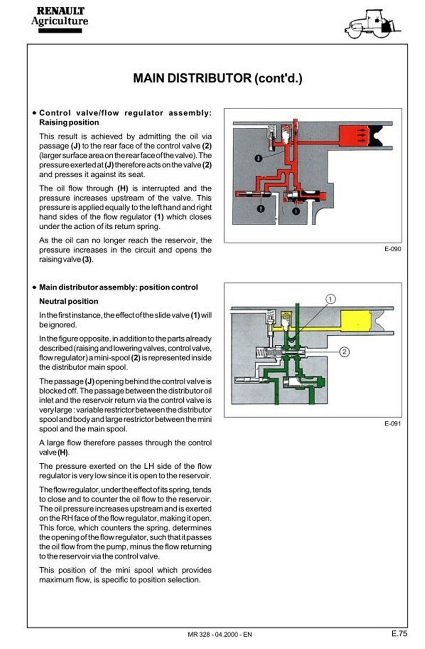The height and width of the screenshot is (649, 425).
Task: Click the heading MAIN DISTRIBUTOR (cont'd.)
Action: tap(217, 78)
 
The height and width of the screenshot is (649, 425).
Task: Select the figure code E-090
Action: tap(392, 248)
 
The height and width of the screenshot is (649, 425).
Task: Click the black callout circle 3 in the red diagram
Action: tap(258, 158)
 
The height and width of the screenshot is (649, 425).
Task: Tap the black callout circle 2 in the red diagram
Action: tap(260, 209)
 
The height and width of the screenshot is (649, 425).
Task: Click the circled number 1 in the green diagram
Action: tap(329, 299)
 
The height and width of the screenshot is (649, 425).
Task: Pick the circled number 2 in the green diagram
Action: tap(344, 351)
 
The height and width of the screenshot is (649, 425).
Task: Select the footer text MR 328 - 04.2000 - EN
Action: tap(220, 635)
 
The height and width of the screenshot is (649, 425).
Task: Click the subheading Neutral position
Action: tap(61, 301)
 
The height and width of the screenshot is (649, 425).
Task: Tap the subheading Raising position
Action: tap(69, 122)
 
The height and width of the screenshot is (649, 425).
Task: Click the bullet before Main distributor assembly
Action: tap(34, 288)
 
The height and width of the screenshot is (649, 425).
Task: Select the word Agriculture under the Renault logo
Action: tap(59, 21)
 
